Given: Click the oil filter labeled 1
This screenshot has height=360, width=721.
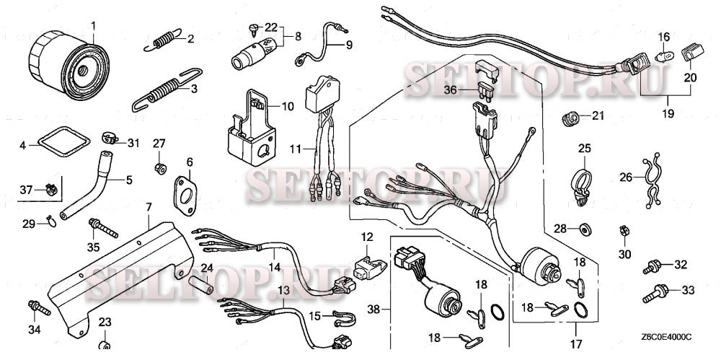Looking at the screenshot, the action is coord(69,66).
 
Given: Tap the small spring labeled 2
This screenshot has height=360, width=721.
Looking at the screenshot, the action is coord(162,40).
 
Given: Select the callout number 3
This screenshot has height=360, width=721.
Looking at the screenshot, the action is coord(194,89).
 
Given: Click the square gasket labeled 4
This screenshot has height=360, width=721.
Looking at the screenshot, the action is coord(63,142).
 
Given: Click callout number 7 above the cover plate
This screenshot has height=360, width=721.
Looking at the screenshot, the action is coord(149,207).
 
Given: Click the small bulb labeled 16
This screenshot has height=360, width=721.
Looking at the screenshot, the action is coord(663,58).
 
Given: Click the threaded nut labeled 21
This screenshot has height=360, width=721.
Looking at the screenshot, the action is coord(570,118).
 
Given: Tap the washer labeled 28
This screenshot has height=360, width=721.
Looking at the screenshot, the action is coord(585,229).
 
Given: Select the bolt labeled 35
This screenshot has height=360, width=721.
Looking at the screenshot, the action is coord(103,228).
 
